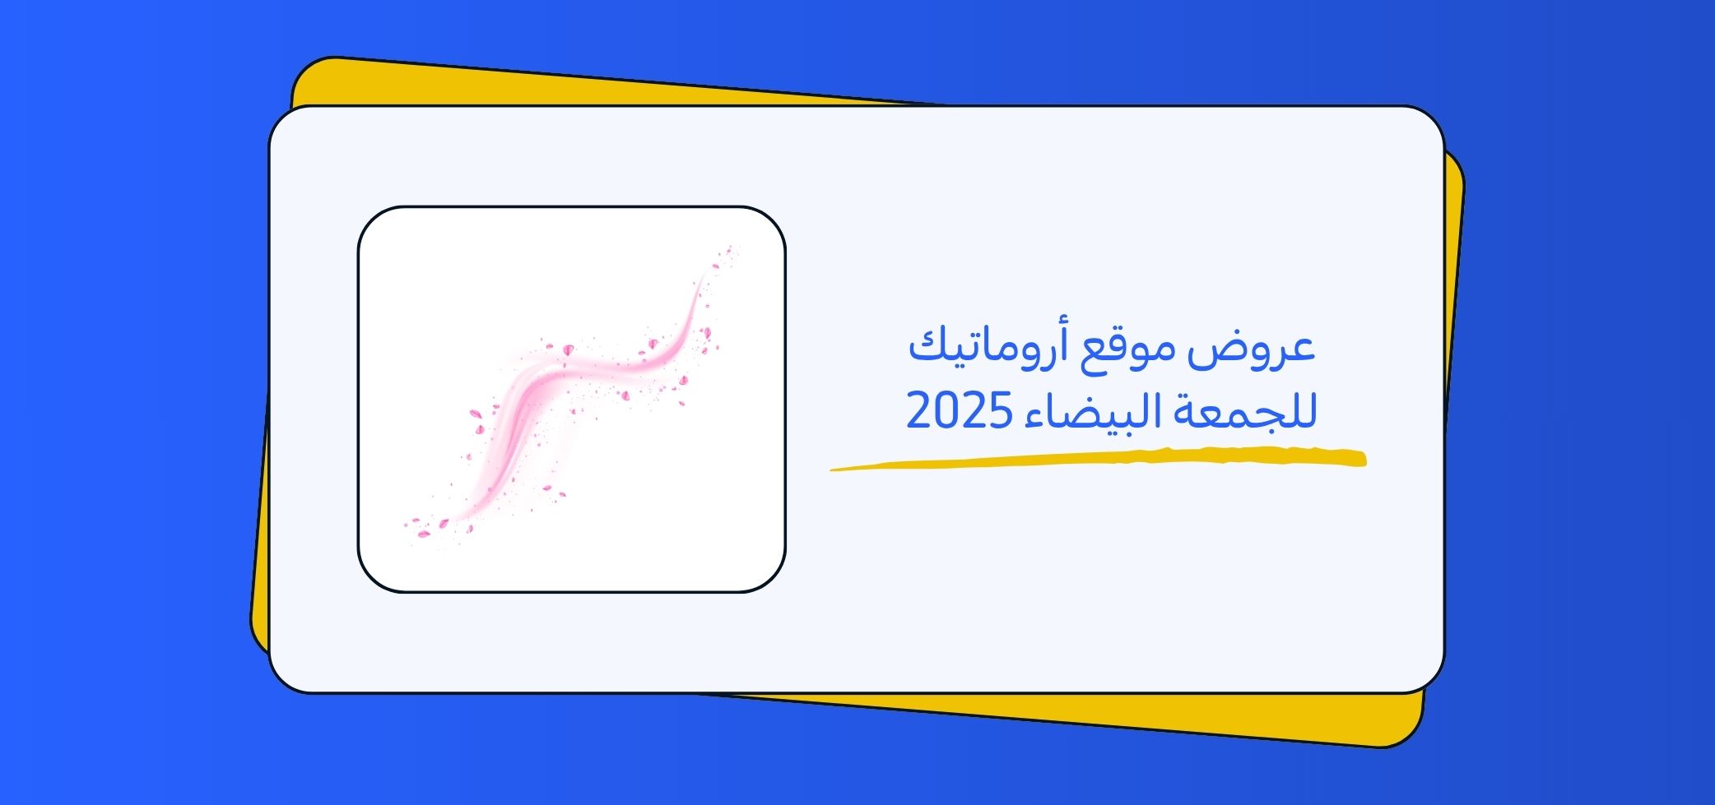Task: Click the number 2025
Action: click(958, 411)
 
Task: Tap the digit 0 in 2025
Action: click(945, 411)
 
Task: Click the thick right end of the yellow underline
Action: click(1362, 459)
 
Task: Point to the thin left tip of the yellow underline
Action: click(831, 470)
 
